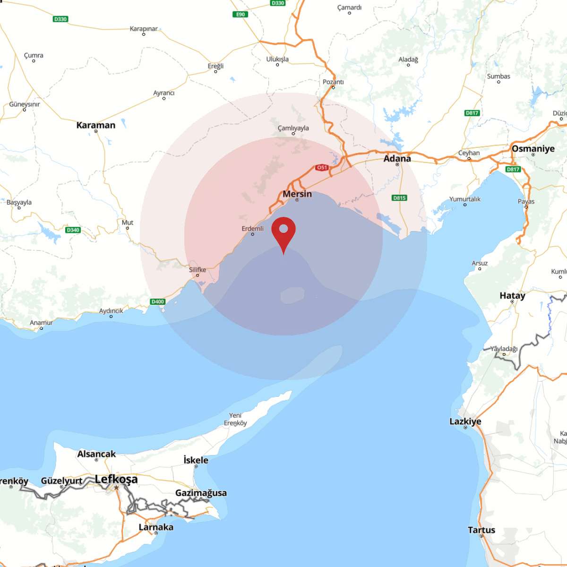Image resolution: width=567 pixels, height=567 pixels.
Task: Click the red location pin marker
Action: coord(283,232)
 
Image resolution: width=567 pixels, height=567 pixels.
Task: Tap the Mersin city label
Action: coord(297,194)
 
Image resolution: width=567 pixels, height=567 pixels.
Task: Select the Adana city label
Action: coord(397,158)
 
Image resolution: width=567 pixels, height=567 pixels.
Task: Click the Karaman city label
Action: coord(96,125)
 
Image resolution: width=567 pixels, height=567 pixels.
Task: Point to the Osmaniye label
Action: coord(533,148)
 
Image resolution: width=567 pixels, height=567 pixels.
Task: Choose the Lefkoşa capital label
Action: coord(116,479)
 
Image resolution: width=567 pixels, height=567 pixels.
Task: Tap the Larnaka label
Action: coord(156,527)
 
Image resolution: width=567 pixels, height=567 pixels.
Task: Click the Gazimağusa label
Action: coord(201,493)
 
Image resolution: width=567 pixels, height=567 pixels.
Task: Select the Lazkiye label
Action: coord(465,421)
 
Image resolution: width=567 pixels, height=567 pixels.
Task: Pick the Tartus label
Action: coord(481,530)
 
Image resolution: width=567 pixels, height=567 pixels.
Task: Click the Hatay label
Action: coord(512,295)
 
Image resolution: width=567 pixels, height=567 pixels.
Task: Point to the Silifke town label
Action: coord(198,270)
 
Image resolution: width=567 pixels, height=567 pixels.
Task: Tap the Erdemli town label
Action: coord(253,229)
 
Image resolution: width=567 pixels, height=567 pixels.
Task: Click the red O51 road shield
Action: coord(322,168)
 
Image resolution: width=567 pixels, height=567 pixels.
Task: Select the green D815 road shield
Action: coord(399,198)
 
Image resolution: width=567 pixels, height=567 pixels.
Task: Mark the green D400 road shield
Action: coord(157,301)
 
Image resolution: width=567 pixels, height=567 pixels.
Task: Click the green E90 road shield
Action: coord(241,15)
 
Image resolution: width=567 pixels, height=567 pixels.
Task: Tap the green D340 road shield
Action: coord(73,230)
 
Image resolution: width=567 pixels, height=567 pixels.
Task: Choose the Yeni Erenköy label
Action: coord(235,419)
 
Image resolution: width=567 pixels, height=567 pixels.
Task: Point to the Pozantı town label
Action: coord(333,82)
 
